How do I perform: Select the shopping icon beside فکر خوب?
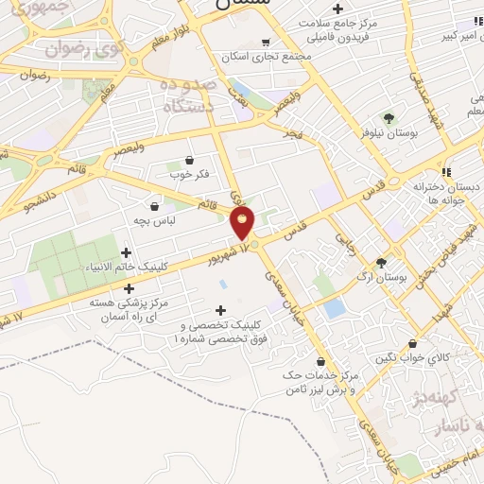[189, 160]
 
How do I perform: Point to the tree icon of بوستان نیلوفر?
[389, 118]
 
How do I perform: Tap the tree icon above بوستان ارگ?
[381, 264]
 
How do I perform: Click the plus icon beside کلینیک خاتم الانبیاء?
[126, 252]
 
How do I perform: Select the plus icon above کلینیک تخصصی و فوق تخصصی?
[221, 310]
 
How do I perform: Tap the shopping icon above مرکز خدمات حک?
[321, 361]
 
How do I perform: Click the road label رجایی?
[345, 237]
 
